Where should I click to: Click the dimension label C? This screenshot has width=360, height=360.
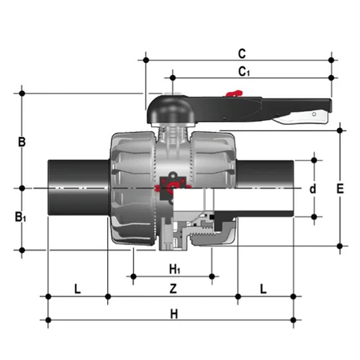(x=241, y=54)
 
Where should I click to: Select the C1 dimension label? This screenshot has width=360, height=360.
(x=244, y=72)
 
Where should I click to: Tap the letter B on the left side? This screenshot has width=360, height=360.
(x=22, y=142)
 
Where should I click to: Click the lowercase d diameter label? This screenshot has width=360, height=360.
(x=312, y=188)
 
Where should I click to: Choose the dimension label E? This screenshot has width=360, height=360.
(x=340, y=188)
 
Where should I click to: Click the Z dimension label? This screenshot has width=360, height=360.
(x=173, y=289)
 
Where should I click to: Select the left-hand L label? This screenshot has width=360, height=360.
(x=77, y=289)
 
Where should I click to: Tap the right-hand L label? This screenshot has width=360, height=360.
(x=263, y=289)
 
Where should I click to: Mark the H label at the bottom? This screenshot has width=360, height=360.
(x=173, y=313)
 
